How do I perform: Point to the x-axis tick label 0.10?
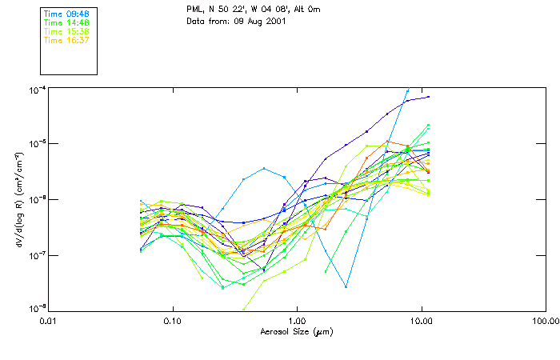pos(172,320)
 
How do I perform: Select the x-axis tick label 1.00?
pos(297,320)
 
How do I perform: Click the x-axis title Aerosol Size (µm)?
pos(297,331)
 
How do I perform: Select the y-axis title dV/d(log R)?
pos(15,200)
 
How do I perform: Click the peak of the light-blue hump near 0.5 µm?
pos(264,168)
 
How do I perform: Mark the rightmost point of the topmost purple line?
pos(429,97)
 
